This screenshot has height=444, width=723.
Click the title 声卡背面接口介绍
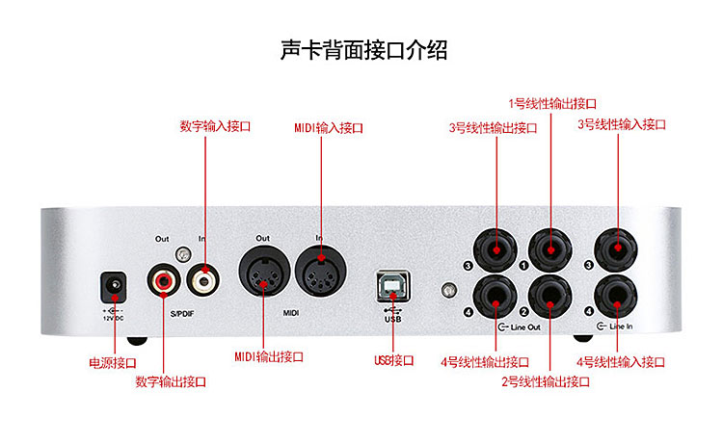[x=363, y=50]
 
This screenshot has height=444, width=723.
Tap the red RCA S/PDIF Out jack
[x=163, y=279]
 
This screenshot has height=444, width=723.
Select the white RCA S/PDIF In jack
[x=202, y=279]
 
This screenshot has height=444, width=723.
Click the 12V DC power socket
[x=114, y=287]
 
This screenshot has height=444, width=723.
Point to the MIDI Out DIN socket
[x=264, y=272]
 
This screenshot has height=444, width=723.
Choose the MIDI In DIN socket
[x=321, y=271]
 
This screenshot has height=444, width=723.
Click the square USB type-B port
[x=393, y=285]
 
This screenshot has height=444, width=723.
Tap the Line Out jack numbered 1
[x=550, y=249]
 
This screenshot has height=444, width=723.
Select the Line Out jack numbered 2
[x=550, y=297]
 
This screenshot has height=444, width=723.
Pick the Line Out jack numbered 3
[x=495, y=250]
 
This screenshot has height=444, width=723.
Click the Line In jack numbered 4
[x=616, y=297]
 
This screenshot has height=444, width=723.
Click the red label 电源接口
[x=113, y=363]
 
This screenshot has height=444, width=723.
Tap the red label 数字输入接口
[x=215, y=126]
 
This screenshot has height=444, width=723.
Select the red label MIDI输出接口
[x=269, y=356]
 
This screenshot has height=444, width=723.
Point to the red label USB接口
[x=393, y=360]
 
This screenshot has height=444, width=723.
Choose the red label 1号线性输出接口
[x=552, y=104]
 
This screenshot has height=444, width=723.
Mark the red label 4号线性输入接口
[x=621, y=362]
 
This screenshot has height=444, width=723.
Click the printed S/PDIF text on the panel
[x=182, y=314]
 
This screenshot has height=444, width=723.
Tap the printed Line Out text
[x=525, y=327]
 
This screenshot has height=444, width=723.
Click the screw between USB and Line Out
[x=449, y=290]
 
